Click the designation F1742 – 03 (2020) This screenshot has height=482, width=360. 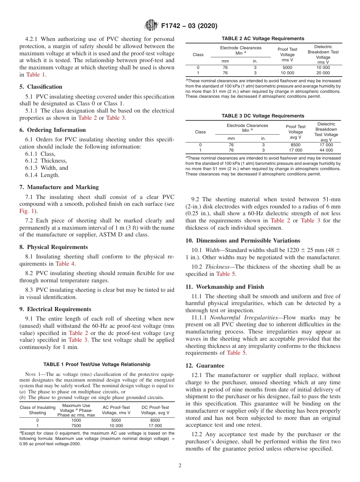189,26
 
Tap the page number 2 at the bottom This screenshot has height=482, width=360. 180,465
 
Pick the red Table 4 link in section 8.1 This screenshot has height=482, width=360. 65,264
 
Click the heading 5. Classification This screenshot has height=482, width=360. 41,87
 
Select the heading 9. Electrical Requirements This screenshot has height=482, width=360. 55,309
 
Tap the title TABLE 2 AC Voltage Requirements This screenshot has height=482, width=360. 263,38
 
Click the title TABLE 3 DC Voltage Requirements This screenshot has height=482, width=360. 263,116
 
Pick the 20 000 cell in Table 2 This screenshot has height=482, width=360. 323,73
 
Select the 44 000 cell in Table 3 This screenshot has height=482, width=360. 326,150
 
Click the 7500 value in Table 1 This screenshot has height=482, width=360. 76,426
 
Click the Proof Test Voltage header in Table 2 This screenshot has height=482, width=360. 287,55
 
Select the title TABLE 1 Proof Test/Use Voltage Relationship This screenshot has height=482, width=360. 97,364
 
